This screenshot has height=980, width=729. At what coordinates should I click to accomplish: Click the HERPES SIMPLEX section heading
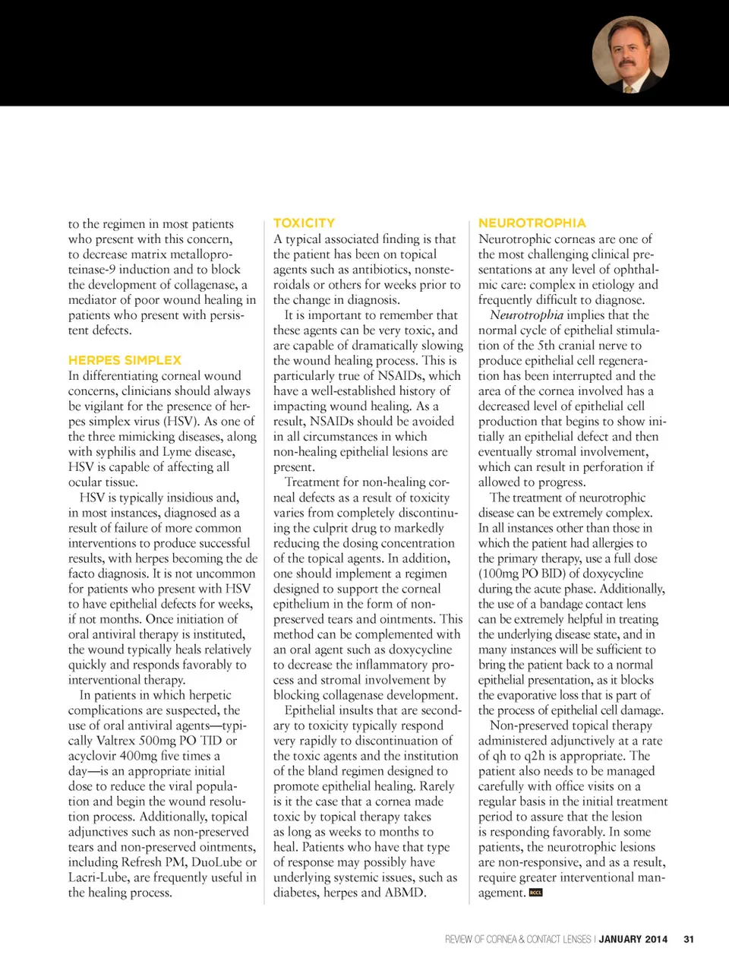[x=125, y=360]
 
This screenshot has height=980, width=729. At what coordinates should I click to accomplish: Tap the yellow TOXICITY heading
[x=304, y=223]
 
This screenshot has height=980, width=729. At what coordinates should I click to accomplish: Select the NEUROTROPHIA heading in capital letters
[x=532, y=223]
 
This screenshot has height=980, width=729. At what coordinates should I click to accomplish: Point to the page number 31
[x=689, y=939]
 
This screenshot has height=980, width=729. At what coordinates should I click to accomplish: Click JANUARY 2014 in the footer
[x=633, y=939]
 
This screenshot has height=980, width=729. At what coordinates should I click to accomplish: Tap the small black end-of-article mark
[x=535, y=893]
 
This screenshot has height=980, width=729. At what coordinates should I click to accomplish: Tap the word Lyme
[x=177, y=451]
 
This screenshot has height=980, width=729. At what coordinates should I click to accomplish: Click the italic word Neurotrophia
[x=526, y=315]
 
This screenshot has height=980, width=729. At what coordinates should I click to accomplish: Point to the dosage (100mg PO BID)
[x=522, y=573]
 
